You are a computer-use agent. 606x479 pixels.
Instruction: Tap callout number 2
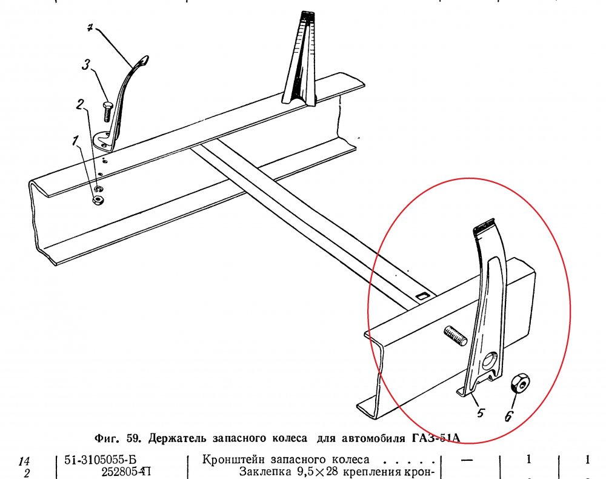[x=79, y=103]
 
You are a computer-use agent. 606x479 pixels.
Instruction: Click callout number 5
[x=480, y=414]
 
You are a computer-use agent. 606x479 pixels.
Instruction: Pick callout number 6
[x=509, y=416]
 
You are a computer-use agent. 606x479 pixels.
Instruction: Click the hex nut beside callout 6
[x=520, y=384]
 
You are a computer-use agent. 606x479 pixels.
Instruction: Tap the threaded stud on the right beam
[x=455, y=335]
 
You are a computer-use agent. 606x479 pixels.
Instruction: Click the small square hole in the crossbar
[x=423, y=296]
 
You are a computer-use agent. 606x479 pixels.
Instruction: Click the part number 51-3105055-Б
[x=100, y=460]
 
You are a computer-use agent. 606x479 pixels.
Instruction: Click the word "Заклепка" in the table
[x=263, y=472]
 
